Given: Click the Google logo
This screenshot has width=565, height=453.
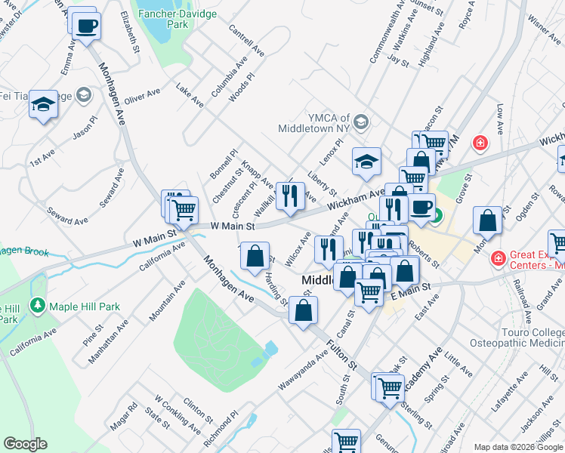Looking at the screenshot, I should [26, 445].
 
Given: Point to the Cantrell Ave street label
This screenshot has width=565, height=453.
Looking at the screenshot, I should [246, 45].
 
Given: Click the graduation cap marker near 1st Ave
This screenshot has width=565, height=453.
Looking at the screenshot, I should [43, 106].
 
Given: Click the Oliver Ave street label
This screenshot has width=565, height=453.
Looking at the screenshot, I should [143, 97].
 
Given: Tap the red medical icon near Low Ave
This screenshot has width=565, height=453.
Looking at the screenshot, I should [479, 142].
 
